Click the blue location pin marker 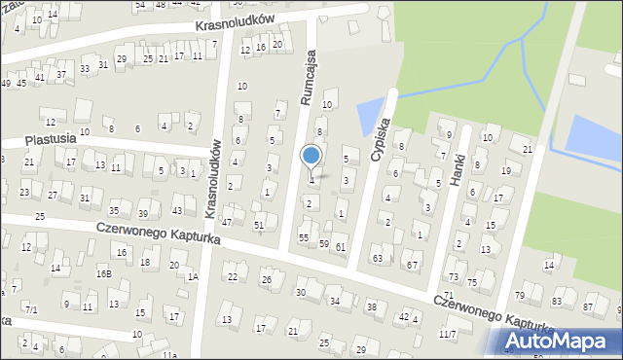tap(311, 157)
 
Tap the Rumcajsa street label tap(307, 79)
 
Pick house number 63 tap(377, 259)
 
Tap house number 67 tap(413, 265)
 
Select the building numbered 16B tap(103, 274)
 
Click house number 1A tap(193, 277)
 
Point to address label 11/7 tap(447, 334)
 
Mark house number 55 tap(304, 237)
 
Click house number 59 tap(323, 243)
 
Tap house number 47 tap(227, 222)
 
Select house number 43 tap(176, 211)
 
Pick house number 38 tap(371, 306)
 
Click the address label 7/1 tap(31, 309)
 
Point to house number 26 tap(267, 280)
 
